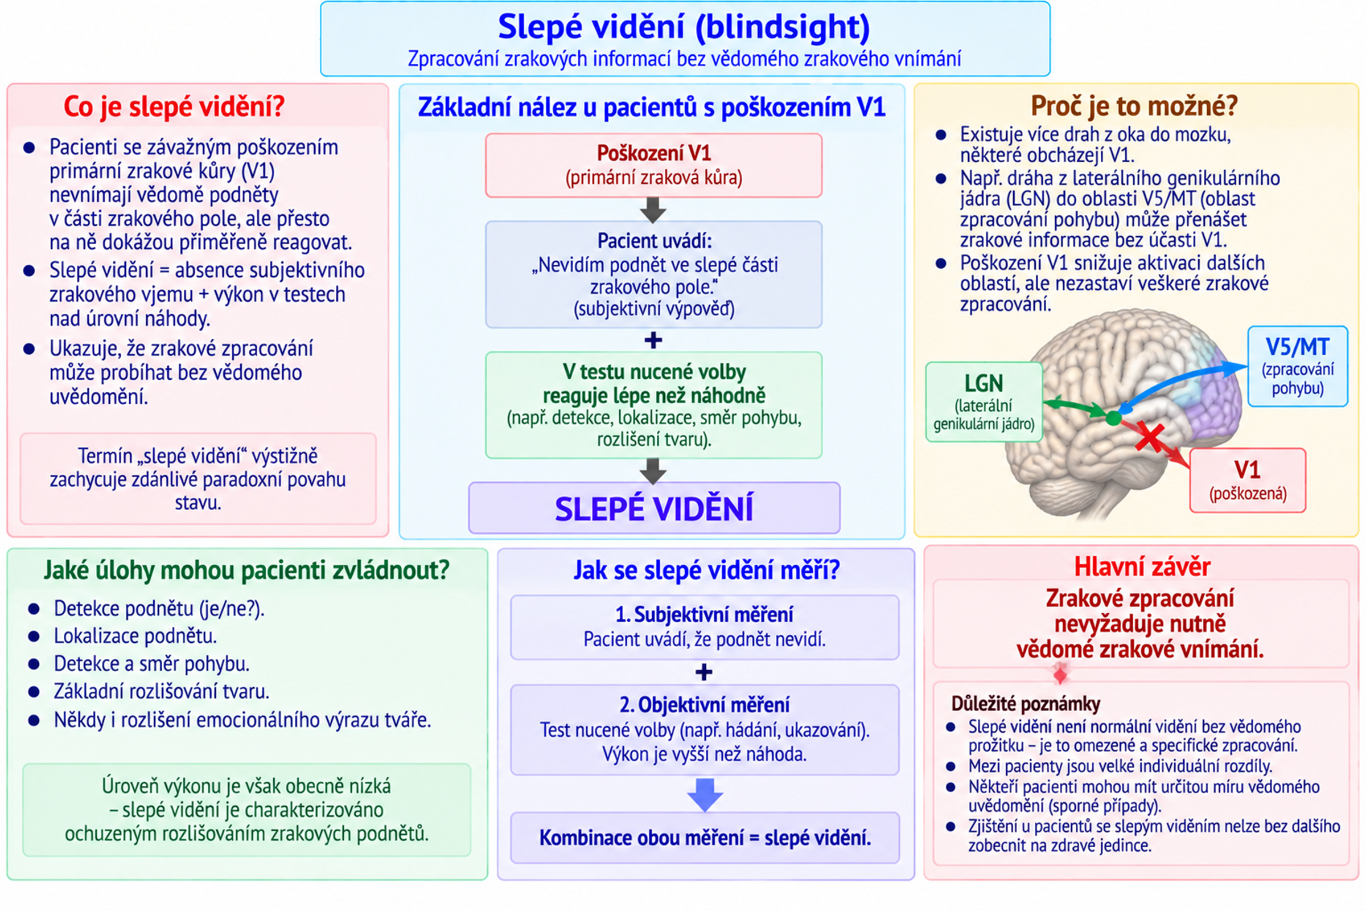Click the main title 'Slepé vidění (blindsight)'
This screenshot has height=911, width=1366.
pyautogui.click(x=684, y=27)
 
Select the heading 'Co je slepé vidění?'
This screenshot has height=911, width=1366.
pyautogui.click(x=174, y=106)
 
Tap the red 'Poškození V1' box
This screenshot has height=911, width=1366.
pyautogui.click(x=653, y=165)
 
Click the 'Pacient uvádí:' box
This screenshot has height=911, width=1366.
pyautogui.click(x=653, y=274)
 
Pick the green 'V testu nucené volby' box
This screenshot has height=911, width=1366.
pyautogui.click(x=653, y=405)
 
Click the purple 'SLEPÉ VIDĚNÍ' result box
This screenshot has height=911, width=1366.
pyautogui.click(x=654, y=508)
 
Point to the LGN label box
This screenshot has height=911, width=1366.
pyautogui.click(x=984, y=402)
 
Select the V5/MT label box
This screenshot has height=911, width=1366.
pyautogui.click(x=1298, y=366)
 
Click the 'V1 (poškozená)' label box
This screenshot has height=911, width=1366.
pyautogui.click(x=1248, y=481)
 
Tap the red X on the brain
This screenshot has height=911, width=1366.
pyautogui.click(x=1149, y=437)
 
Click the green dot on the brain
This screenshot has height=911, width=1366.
pyautogui.click(x=1113, y=418)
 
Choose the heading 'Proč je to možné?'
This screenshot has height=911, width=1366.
pyautogui.click(x=1134, y=106)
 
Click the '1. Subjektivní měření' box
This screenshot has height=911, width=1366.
pyautogui.click(x=705, y=627)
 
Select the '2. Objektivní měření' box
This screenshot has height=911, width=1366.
pyautogui.click(x=705, y=730)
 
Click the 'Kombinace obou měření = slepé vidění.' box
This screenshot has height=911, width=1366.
pyautogui.click(x=705, y=838)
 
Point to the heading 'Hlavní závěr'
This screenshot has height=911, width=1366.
pyautogui.click(x=1142, y=567)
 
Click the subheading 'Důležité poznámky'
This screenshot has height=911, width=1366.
pyautogui.click(x=1026, y=704)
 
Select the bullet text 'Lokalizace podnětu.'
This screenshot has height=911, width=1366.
pyautogui.click(x=135, y=636)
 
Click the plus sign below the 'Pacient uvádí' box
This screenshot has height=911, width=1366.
pyautogui.click(x=653, y=340)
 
